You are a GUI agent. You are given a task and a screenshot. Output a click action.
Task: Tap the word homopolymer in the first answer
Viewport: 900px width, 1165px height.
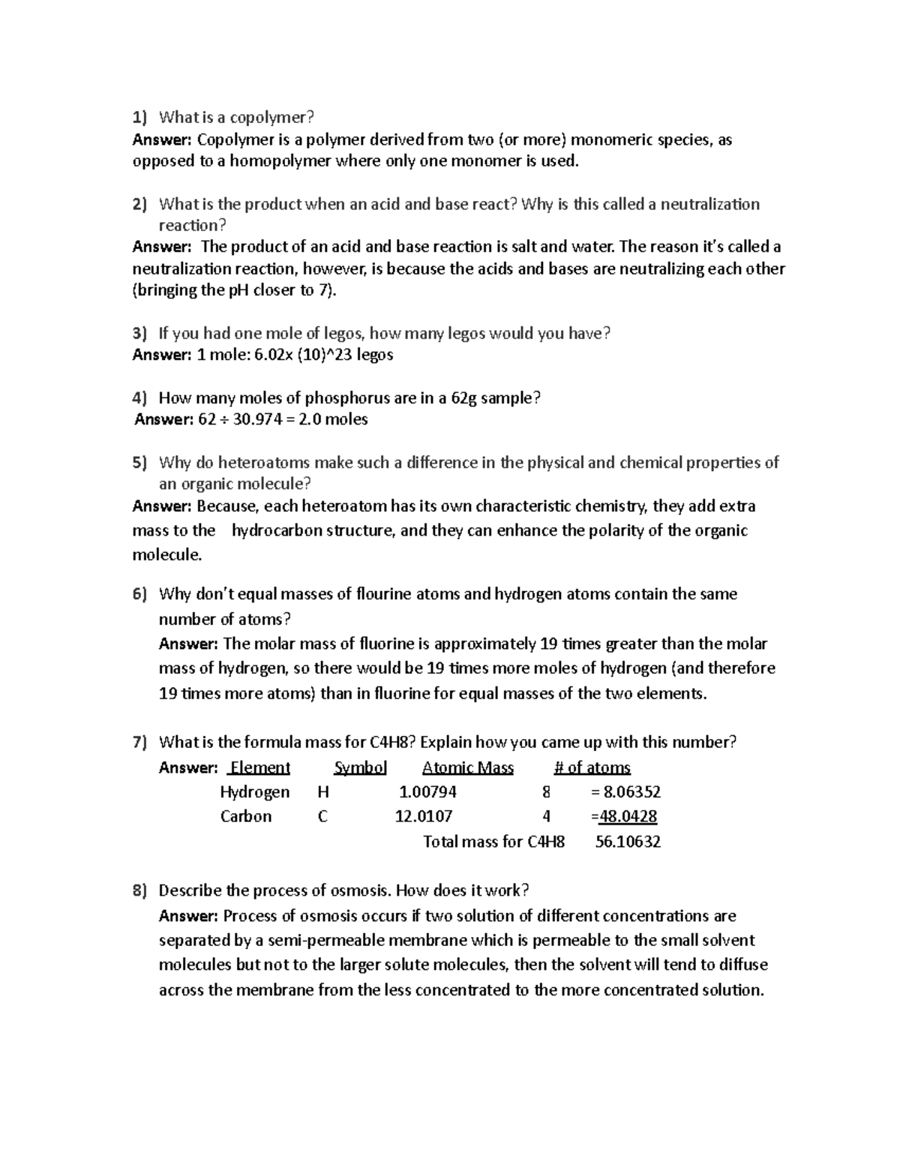pyautogui.click(x=280, y=161)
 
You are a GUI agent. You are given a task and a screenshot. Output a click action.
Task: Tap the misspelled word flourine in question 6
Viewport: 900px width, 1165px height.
pyautogui.click(x=385, y=594)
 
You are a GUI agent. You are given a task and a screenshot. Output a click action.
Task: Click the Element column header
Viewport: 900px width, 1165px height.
pyautogui.click(x=259, y=767)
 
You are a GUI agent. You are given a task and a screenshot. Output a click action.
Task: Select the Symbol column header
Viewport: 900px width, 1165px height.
pyautogui.click(x=360, y=767)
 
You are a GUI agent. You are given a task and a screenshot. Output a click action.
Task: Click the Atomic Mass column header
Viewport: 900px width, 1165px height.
pyautogui.click(x=468, y=767)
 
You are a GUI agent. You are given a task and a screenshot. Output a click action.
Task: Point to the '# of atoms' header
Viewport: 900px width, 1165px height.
pyautogui.click(x=592, y=767)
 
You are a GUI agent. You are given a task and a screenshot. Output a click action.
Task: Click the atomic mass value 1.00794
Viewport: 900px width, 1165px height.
pyautogui.click(x=427, y=792)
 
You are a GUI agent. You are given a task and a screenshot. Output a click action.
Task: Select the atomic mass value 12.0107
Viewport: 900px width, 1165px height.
pyautogui.click(x=424, y=816)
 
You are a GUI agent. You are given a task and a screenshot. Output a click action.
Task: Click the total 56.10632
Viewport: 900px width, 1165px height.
pyautogui.click(x=628, y=842)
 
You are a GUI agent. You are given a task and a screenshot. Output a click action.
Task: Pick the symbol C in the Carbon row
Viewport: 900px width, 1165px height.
pyautogui.click(x=322, y=816)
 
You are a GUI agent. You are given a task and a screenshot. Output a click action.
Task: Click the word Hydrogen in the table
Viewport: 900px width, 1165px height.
pyautogui.click(x=254, y=792)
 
